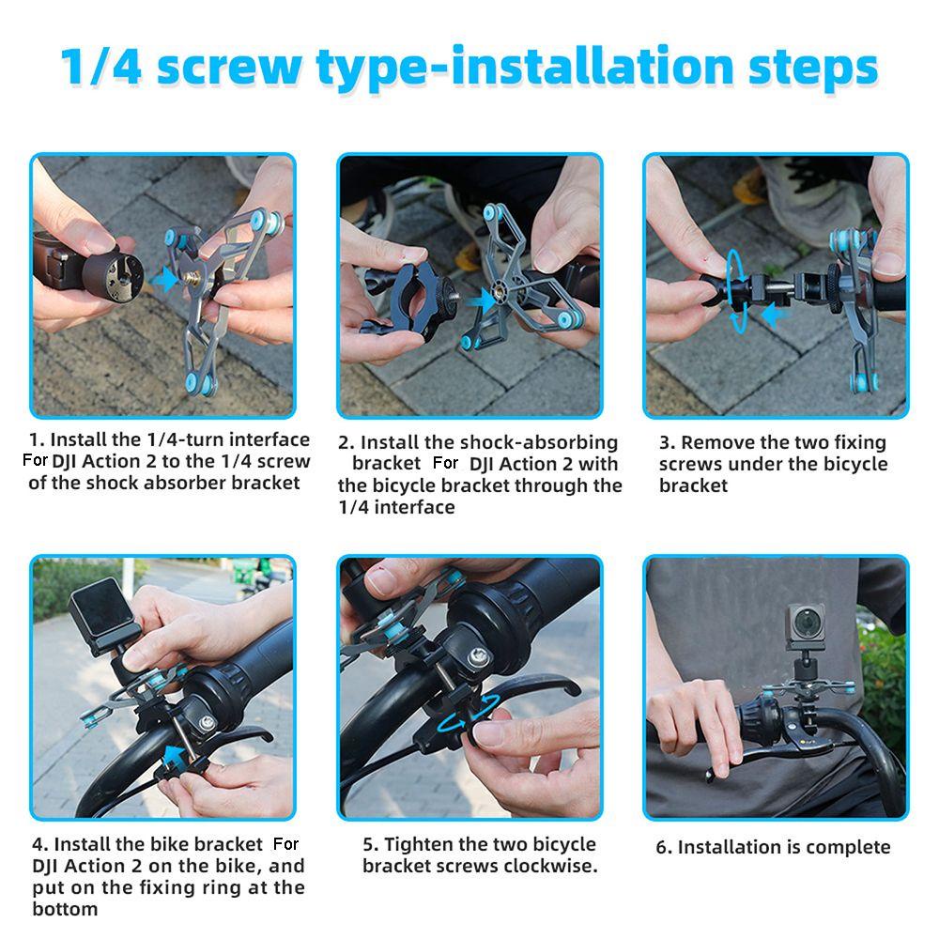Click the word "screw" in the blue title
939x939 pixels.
[x=229, y=66]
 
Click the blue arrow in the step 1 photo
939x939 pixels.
[x=165, y=280]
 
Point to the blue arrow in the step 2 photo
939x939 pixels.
[x=480, y=300]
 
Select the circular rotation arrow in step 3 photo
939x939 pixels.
[x=736, y=292]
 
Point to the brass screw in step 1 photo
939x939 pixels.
[x=192, y=279]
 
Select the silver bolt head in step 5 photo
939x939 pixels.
[x=477, y=656]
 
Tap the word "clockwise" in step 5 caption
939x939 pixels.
[x=549, y=866]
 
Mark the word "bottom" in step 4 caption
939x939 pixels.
[x=65, y=909]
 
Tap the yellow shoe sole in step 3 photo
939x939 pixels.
[x=749, y=190]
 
